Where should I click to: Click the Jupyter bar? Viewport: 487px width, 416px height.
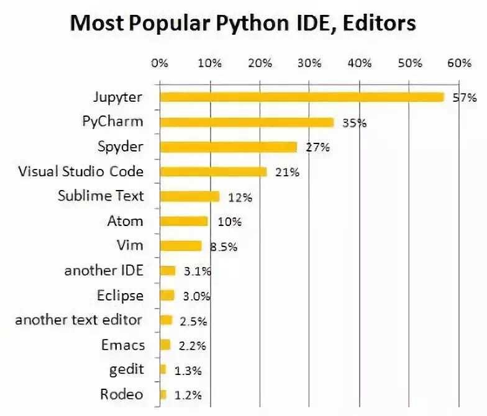coord(302,97)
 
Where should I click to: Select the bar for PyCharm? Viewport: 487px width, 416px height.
coord(247,122)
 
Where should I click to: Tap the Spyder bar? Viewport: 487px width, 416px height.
coord(228,147)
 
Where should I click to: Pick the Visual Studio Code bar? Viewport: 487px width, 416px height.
coord(213,172)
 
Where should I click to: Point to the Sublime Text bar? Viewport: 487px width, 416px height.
coord(189,197)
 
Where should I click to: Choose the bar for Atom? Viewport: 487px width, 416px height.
coord(184,221)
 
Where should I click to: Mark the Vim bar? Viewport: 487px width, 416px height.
coord(181,246)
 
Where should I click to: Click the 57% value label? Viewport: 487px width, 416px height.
coord(464,97)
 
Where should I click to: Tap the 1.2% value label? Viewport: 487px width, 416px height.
coord(188,395)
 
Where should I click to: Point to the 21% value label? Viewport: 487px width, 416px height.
coord(287,173)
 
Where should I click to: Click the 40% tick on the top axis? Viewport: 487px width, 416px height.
coord(360,63)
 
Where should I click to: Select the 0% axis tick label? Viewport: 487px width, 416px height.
coord(160,63)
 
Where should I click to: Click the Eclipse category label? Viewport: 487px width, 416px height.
coord(120,295)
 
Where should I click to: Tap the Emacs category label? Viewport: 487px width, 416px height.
coord(122,345)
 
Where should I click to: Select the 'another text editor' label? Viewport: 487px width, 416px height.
coord(79,320)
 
